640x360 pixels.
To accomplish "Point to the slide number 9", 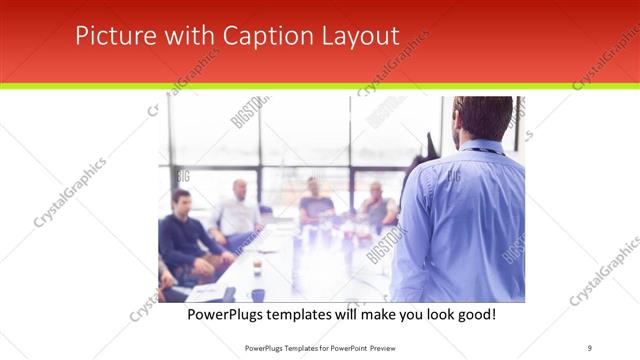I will [590, 347].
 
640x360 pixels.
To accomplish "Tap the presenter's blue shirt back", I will [460, 220].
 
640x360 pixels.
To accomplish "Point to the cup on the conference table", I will [257, 266].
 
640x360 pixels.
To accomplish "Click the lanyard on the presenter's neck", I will [484, 150].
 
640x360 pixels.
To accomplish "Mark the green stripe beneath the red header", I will [320, 86].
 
